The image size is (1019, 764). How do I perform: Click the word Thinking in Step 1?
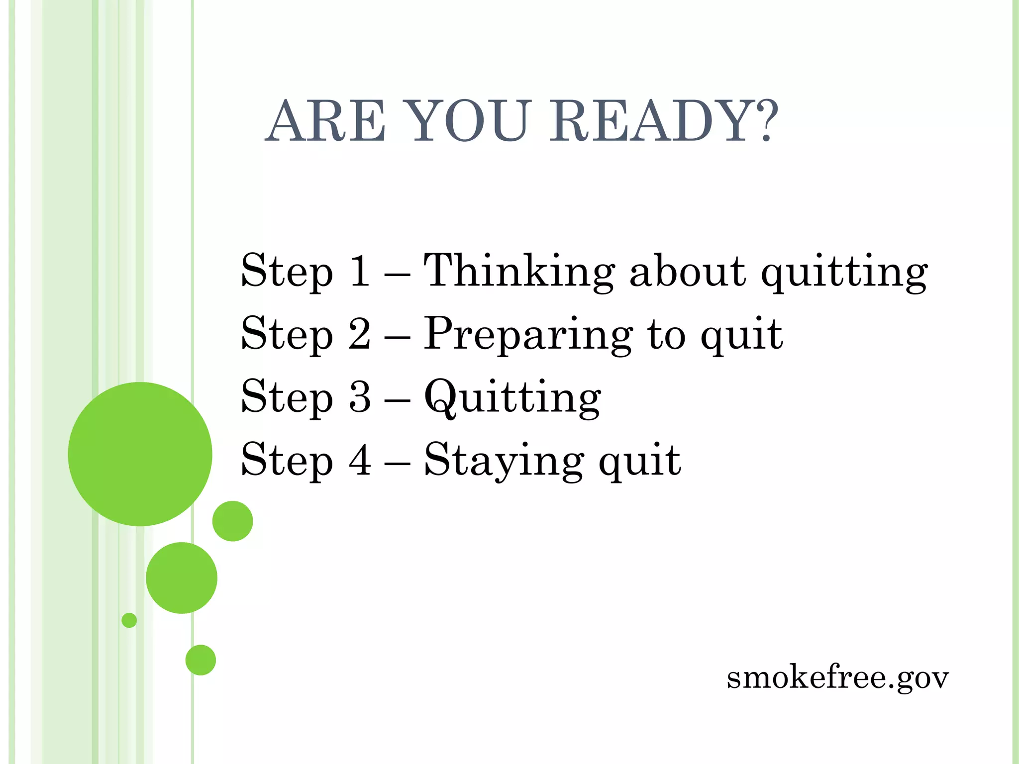click(519, 271)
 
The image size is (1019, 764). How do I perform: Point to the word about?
click(688, 271)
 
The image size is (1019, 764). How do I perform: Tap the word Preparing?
click(528, 335)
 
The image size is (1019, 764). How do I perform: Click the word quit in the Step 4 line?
click(640, 461)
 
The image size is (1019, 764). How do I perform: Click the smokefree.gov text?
click(837, 678)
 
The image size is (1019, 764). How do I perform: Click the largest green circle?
click(140, 454)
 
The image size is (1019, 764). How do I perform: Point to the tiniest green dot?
click(129, 620)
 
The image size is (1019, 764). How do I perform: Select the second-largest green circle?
click(182, 577)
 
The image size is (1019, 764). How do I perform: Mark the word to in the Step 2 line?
click(666, 334)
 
